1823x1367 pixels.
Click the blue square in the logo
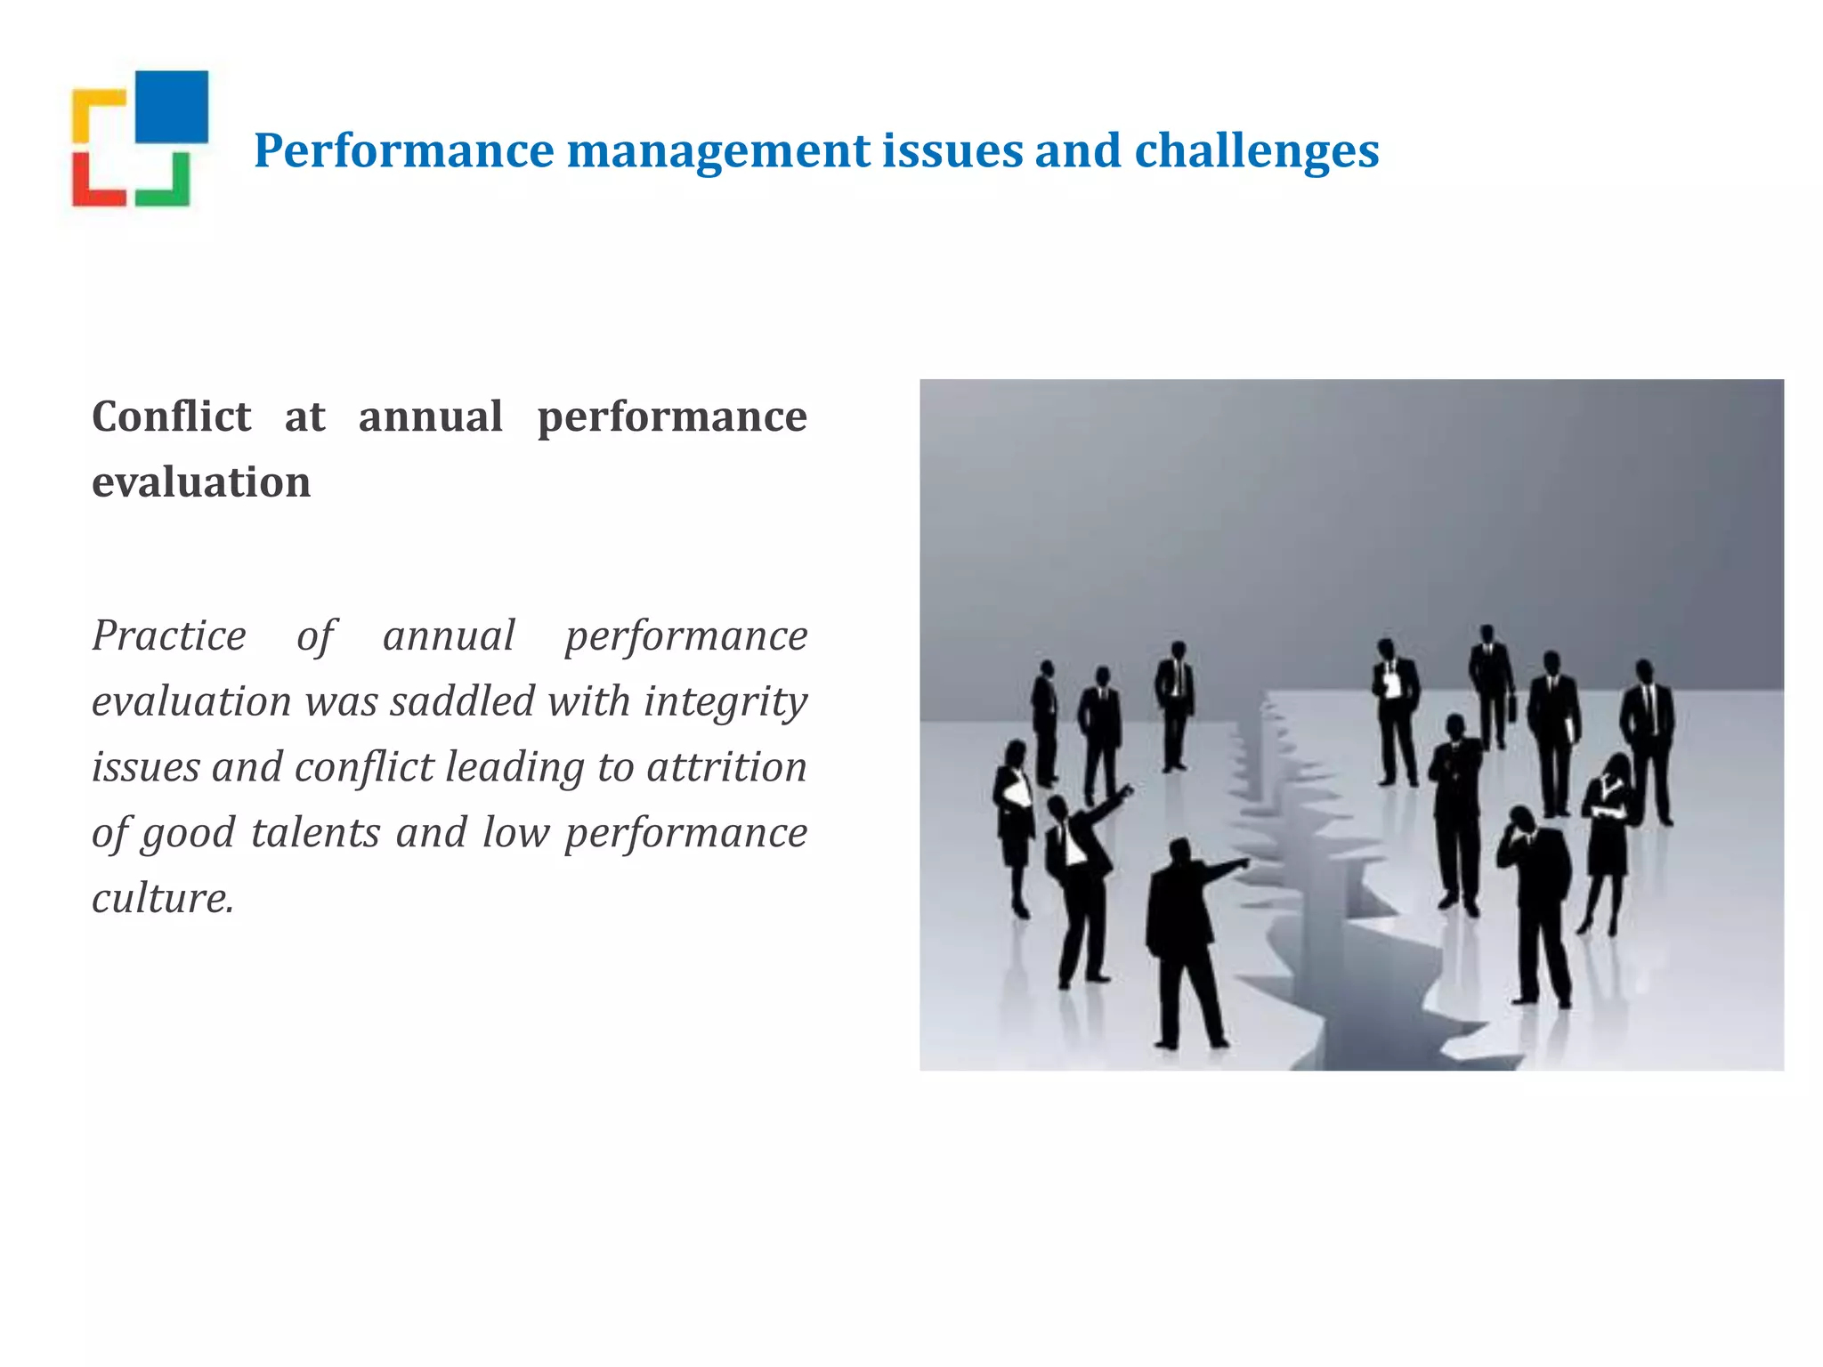click(x=172, y=107)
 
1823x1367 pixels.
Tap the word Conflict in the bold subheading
click(x=172, y=417)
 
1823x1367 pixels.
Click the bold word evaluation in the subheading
click(x=201, y=482)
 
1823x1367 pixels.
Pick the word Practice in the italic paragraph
click(x=169, y=635)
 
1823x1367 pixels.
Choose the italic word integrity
click(x=725, y=701)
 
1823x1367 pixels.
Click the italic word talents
click(x=315, y=833)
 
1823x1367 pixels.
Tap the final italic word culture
click(x=163, y=898)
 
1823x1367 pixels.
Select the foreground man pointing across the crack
click(x=1184, y=943)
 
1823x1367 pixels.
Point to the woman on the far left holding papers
click(x=1015, y=819)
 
